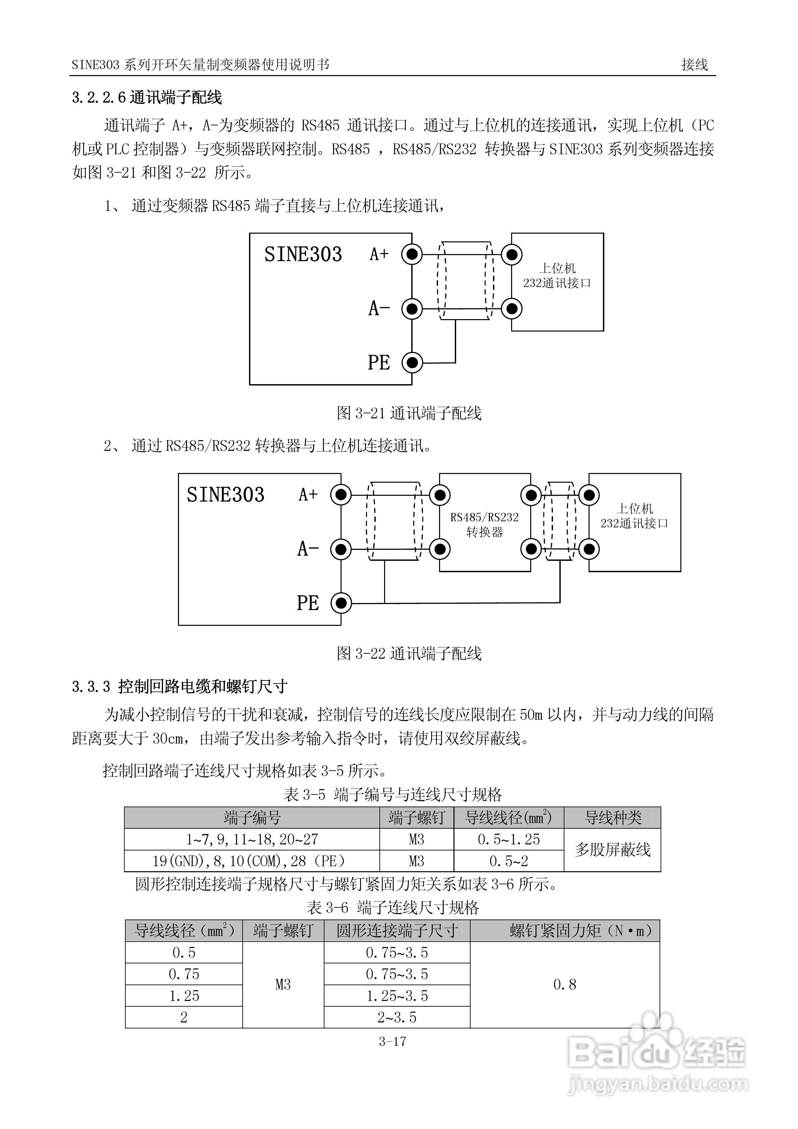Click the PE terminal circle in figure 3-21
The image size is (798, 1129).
point(412,363)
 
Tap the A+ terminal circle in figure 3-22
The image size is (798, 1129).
point(341,495)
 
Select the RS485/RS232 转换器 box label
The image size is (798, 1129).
point(484,524)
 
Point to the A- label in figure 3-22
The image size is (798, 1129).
point(308,549)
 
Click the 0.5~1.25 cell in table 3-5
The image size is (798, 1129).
point(508,839)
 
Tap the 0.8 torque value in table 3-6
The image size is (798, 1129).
point(564,985)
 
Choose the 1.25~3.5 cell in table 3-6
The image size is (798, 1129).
point(397,996)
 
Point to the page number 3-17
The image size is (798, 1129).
point(392,1041)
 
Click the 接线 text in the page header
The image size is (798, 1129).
point(694,64)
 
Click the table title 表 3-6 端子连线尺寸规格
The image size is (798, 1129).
point(392,907)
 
